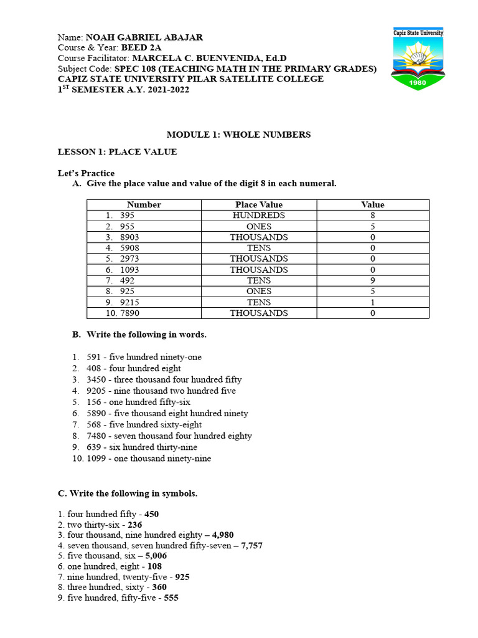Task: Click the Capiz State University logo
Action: (x=418, y=60)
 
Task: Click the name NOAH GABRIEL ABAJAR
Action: (x=144, y=37)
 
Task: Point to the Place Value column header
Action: (x=258, y=204)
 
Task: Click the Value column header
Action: (x=372, y=204)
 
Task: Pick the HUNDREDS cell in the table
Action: (x=258, y=216)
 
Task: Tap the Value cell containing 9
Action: (x=372, y=280)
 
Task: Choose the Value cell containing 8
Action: (x=372, y=216)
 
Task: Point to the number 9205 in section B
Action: (x=96, y=391)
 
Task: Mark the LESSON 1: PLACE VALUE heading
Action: (x=117, y=151)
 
